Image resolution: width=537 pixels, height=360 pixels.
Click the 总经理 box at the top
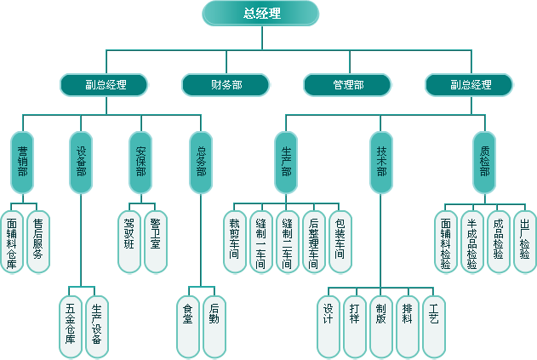[x=261, y=13]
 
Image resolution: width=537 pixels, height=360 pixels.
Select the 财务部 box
[x=226, y=85]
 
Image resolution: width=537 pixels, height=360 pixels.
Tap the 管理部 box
[x=347, y=85]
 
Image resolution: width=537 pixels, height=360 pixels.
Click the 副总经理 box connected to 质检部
[x=470, y=85]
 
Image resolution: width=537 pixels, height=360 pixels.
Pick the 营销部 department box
[x=22, y=161]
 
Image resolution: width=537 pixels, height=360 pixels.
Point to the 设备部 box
[x=82, y=161]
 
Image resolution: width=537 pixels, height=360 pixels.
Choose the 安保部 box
[x=141, y=161]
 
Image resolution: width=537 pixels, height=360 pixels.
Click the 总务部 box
[x=201, y=161]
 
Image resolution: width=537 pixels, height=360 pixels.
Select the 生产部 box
[x=287, y=161]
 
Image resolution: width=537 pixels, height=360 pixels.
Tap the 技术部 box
[x=382, y=161]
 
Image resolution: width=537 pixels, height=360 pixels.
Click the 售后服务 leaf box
[x=38, y=241]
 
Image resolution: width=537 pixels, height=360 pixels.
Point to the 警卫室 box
[x=156, y=241]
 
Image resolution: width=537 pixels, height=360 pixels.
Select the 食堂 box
[x=188, y=325]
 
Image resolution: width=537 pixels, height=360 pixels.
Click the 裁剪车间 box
[x=235, y=241]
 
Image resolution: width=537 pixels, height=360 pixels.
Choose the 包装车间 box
[x=340, y=241]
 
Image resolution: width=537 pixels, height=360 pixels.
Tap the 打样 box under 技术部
[x=355, y=325]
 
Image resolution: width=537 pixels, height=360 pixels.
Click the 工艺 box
[x=434, y=325]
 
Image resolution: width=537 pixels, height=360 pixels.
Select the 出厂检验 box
[x=525, y=241]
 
